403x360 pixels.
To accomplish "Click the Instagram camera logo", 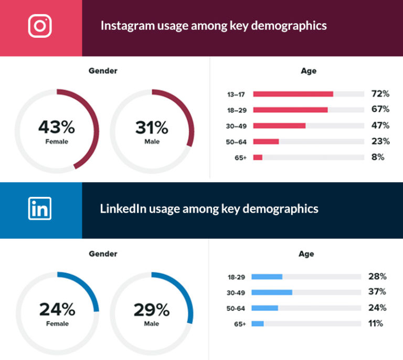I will (x=40, y=26).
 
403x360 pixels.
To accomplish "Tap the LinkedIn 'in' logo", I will (x=40, y=208).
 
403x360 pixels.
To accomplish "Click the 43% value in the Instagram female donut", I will (x=56, y=127).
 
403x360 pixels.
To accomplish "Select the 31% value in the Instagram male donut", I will (x=152, y=127).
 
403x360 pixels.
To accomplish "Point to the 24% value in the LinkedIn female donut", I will (x=57, y=310).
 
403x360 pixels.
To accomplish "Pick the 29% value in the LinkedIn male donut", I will (x=152, y=310).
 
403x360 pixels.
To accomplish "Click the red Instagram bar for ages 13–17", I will (x=293, y=94).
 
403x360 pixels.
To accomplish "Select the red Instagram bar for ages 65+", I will (x=258, y=157).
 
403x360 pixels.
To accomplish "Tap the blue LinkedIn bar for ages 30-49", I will (x=272, y=292).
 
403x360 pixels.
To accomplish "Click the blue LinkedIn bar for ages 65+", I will (x=258, y=324).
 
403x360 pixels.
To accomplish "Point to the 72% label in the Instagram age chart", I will (x=380, y=94).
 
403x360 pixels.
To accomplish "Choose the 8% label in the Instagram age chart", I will (x=378, y=157).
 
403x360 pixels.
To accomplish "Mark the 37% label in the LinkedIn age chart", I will (x=377, y=292).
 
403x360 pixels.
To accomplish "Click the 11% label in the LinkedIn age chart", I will (x=376, y=324).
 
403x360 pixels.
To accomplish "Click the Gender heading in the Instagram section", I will (x=103, y=71).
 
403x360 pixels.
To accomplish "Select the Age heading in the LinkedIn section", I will (x=306, y=254).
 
